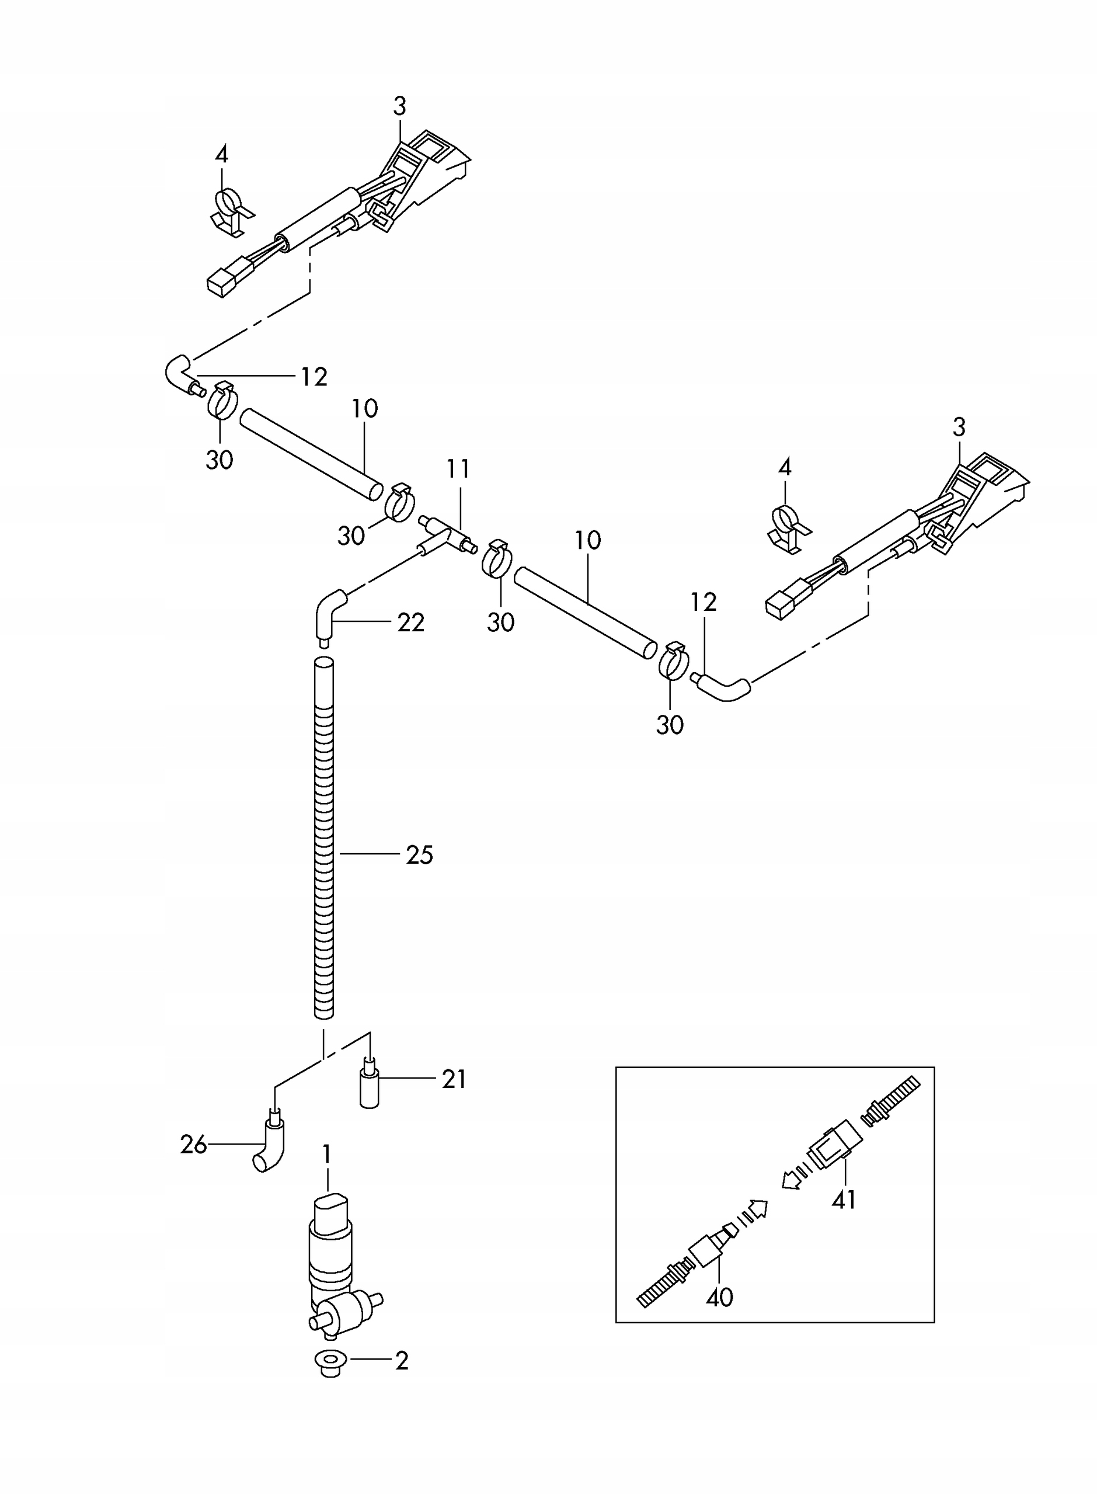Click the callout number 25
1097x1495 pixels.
[419, 855]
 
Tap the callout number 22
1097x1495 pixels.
[410, 623]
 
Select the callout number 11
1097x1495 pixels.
[458, 469]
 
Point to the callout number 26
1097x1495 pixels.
[193, 1145]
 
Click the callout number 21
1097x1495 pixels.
[454, 1079]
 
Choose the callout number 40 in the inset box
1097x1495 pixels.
[719, 1297]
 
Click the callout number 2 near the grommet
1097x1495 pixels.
[401, 1361]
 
